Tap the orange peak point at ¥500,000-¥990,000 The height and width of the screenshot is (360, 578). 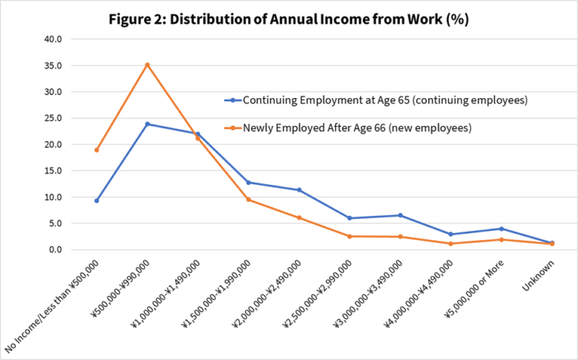tap(147, 65)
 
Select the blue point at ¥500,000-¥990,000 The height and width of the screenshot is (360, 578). tap(147, 124)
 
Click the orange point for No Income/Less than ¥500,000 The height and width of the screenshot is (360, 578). tap(97, 150)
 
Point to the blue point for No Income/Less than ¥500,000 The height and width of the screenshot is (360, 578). tap(97, 201)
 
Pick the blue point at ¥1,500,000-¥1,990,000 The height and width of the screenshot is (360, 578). tap(249, 183)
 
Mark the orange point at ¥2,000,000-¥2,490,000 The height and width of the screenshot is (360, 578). tap(299, 218)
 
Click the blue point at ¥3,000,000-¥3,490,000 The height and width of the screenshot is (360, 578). tap(400, 215)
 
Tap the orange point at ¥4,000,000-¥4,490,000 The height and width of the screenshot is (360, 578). tap(451, 244)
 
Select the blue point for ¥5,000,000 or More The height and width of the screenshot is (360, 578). tap(501, 229)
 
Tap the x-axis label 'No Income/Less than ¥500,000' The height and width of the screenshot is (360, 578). tap(52, 305)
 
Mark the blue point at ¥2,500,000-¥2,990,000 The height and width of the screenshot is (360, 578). tap(349, 218)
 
